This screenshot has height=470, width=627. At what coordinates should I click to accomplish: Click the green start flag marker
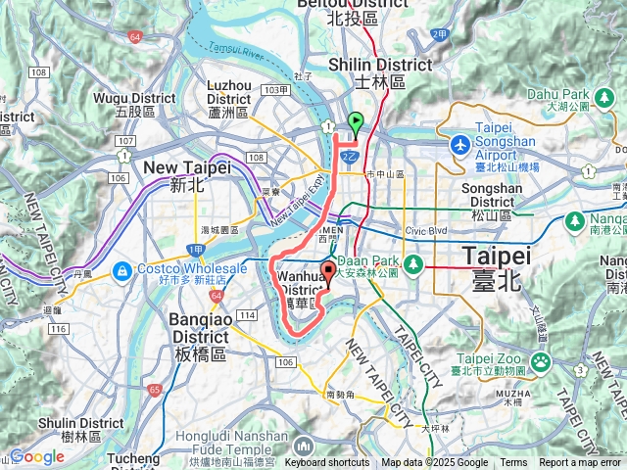tap(356, 122)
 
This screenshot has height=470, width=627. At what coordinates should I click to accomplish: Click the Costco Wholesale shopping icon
tap(122, 269)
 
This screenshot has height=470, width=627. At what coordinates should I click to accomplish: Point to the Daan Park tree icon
tap(414, 262)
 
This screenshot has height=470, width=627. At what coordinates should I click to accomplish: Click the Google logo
tap(36, 456)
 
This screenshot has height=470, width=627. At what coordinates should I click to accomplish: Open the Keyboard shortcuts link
tap(327, 463)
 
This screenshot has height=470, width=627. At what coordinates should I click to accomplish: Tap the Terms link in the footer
tap(513, 463)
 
